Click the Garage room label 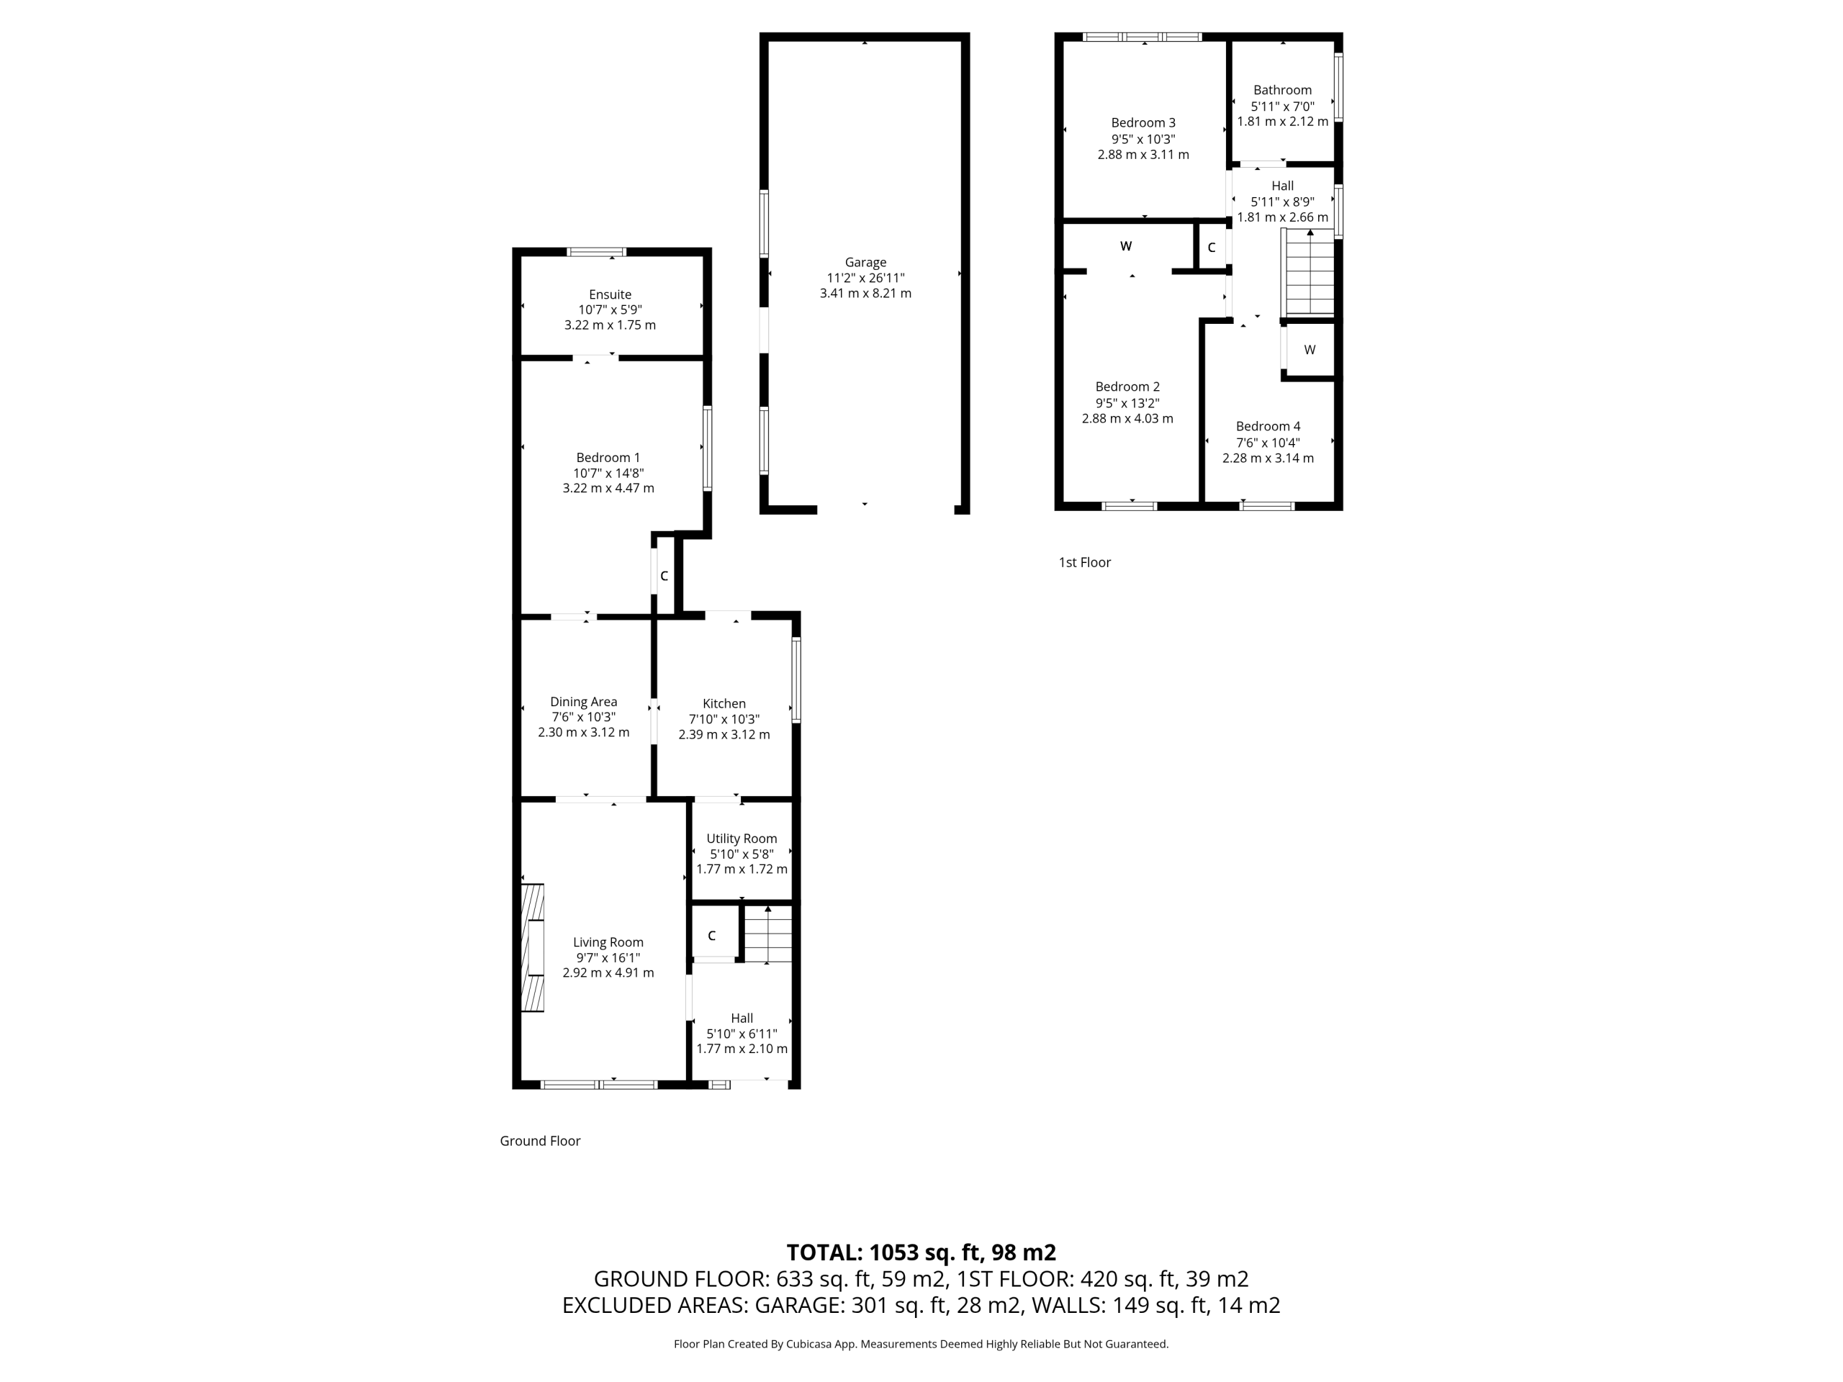click(865, 263)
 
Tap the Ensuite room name click(610, 294)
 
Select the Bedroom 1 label click(608, 457)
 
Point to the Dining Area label click(583, 703)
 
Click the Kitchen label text click(724, 704)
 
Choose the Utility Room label click(742, 839)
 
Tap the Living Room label click(608, 942)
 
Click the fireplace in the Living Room click(533, 948)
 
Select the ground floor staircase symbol click(767, 934)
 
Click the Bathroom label click(1282, 90)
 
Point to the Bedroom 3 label click(1143, 122)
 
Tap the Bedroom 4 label click(1268, 427)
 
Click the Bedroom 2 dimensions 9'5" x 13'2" click(1127, 402)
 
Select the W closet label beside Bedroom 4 click(1310, 350)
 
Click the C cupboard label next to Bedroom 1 click(664, 576)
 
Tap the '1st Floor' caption click(1085, 562)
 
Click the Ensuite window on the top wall click(597, 252)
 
